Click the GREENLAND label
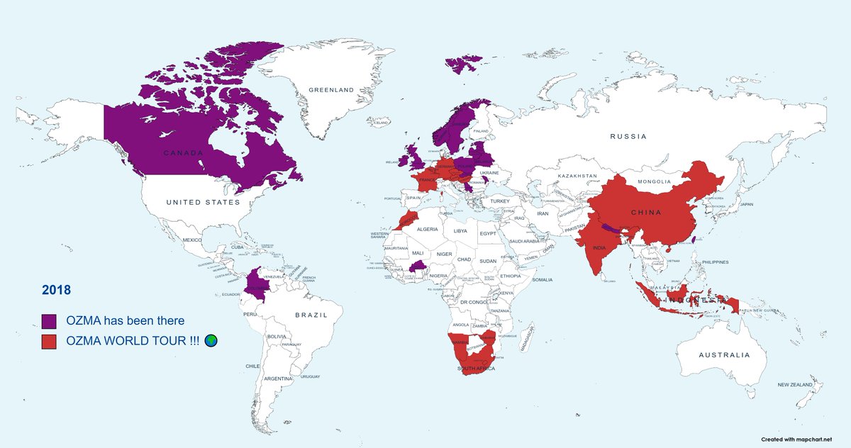tap(331, 90)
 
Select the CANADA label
tap(184, 153)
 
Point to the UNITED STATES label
tap(203, 203)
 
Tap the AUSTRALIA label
tap(723, 354)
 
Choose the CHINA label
tap(645, 213)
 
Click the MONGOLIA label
tap(654, 181)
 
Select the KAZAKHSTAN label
tap(578, 175)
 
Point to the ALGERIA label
tap(426, 230)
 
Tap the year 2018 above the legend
tap(56, 290)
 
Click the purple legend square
tap(49, 320)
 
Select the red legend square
tap(49, 341)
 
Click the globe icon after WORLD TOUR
tap(211, 341)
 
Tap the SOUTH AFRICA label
tap(474, 369)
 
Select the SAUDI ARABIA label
tap(525, 241)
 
